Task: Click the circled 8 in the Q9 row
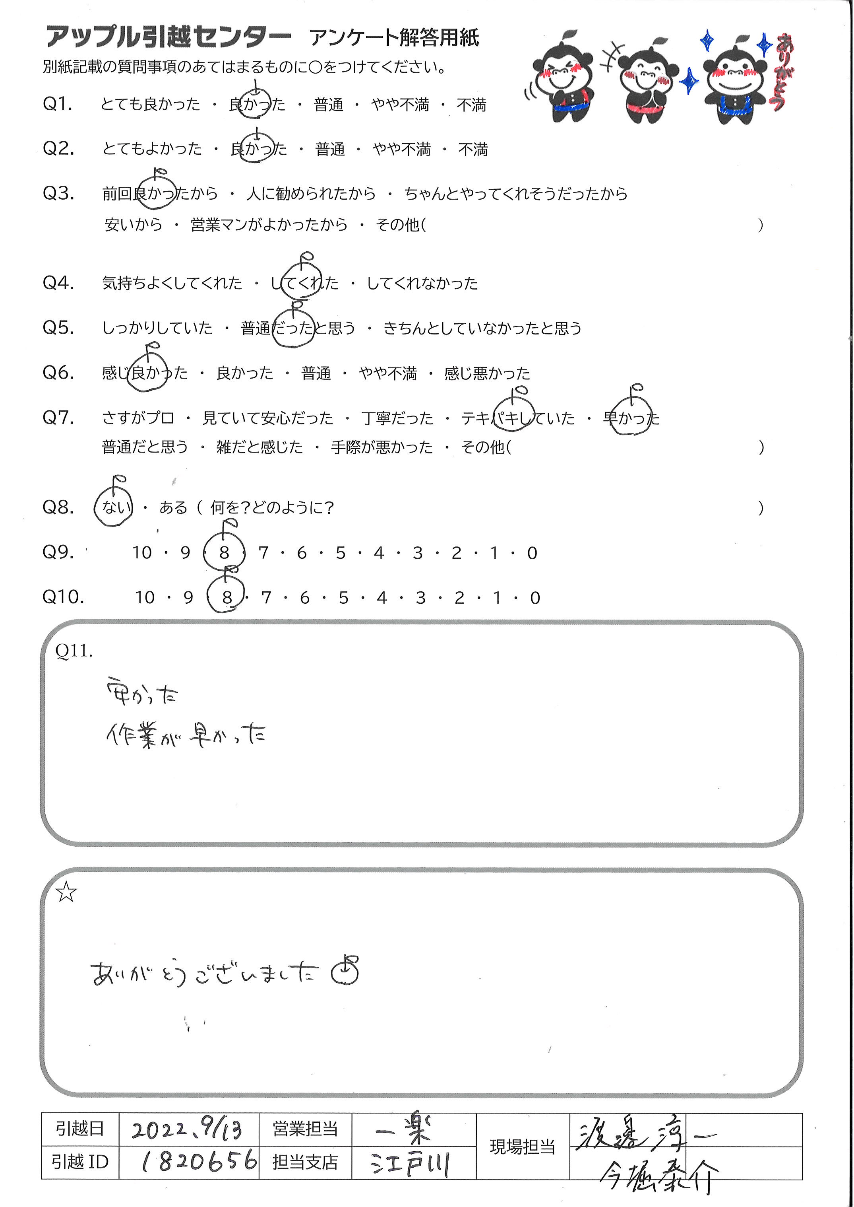pyautogui.click(x=225, y=552)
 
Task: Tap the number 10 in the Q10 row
pyautogui.click(x=145, y=598)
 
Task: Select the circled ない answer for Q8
pyautogui.click(x=114, y=507)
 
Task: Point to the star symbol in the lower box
pyautogui.click(x=67, y=892)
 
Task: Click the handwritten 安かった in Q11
pyautogui.click(x=142, y=694)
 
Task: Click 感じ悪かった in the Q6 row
pyautogui.click(x=487, y=373)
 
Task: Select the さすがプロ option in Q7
pyautogui.click(x=138, y=418)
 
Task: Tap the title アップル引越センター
pyautogui.click(x=168, y=37)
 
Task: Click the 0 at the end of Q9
pyautogui.click(x=532, y=553)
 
